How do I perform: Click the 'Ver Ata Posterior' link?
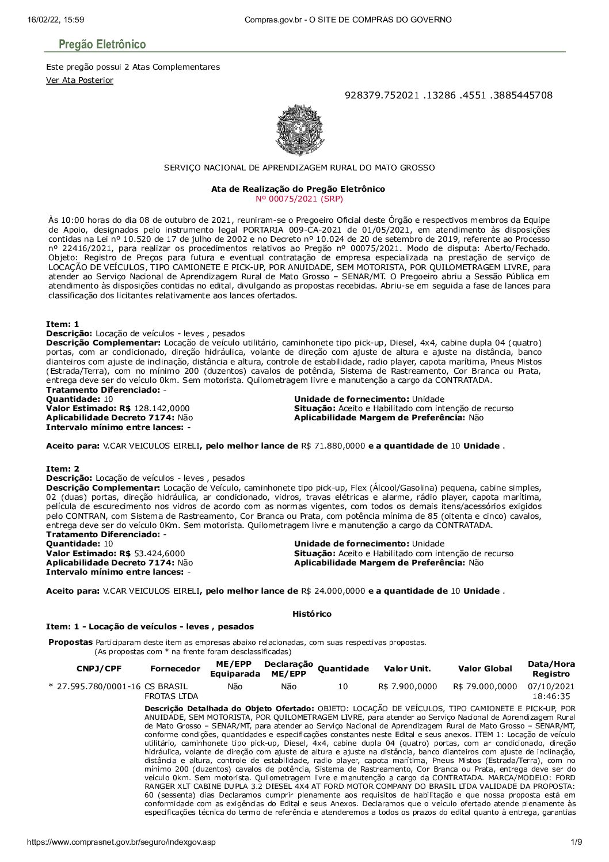point(79,80)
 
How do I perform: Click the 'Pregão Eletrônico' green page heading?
point(102,44)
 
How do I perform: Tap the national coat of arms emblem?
point(300,130)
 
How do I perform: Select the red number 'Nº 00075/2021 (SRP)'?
point(299,199)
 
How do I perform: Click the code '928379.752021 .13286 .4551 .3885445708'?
point(448,95)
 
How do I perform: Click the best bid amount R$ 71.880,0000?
point(333,446)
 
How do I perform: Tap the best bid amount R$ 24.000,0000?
point(333,591)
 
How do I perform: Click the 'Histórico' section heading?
point(312,614)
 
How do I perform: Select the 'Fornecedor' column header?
point(175,669)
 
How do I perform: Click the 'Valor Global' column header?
point(485,669)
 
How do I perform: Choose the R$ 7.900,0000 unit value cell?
point(408,686)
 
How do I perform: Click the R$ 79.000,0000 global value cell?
point(485,686)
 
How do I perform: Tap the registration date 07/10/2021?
point(551,686)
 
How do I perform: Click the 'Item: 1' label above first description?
point(63,324)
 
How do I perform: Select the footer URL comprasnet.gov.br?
point(121,842)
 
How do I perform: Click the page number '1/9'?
point(576,842)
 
